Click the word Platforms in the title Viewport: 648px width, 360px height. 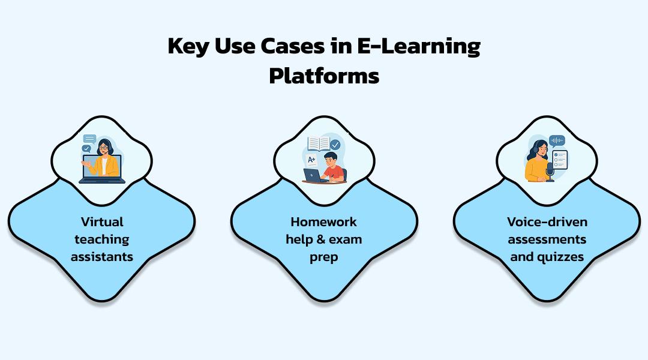324,76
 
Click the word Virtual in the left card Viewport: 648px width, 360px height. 101,222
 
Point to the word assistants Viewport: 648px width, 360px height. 101,257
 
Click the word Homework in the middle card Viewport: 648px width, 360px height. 324,222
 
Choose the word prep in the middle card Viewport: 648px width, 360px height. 324,257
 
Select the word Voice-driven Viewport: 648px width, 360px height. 547,222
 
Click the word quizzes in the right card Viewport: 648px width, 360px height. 561,257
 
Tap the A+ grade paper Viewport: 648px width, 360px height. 311,160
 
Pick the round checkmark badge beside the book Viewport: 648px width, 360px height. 335,145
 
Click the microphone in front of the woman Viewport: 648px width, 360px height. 550,170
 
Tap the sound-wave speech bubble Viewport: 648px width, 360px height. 557,140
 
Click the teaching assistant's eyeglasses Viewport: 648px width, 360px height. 104,148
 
